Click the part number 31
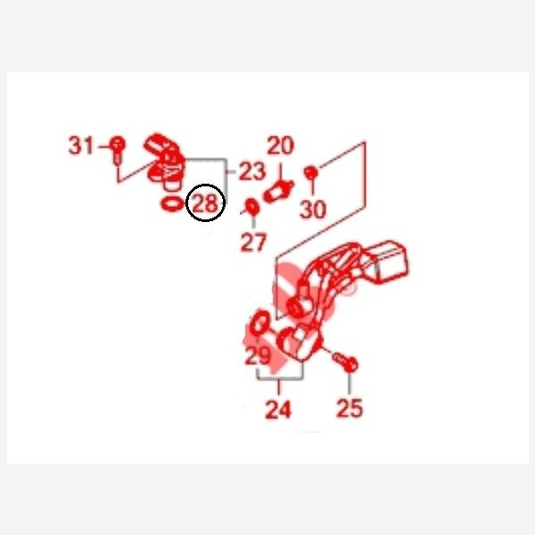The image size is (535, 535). [81, 145]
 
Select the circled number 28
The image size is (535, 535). [205, 203]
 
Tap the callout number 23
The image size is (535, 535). [252, 171]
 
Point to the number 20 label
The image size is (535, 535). [281, 145]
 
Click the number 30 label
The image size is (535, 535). [313, 210]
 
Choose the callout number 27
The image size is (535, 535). [253, 243]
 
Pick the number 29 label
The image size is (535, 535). [258, 356]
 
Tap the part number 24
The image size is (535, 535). [278, 409]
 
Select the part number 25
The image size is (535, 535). [350, 408]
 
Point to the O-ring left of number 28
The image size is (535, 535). [172, 204]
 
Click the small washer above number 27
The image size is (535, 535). [252, 207]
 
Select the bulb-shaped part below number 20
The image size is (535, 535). [277, 193]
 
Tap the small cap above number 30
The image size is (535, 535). [311, 173]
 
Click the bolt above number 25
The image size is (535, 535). [345, 362]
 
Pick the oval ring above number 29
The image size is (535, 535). [260, 323]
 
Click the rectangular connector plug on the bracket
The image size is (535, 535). [389, 262]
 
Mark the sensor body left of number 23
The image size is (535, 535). [164, 161]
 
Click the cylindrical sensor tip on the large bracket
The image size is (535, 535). [298, 307]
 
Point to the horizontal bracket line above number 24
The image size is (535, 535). [280, 379]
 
